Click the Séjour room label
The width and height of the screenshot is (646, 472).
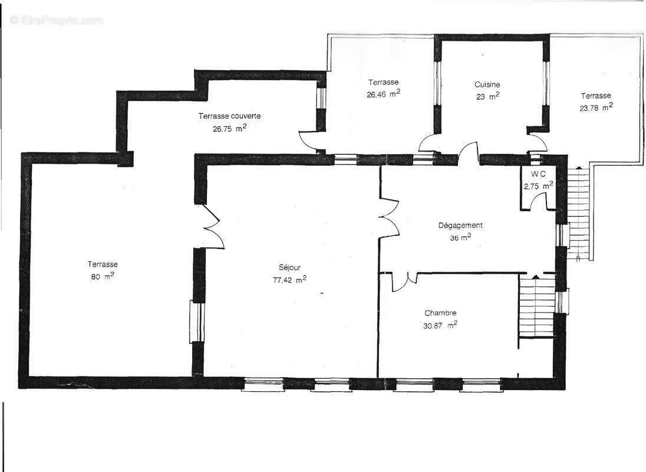pyautogui.click(x=289, y=267)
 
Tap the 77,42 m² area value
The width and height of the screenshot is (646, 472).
pyautogui.click(x=289, y=280)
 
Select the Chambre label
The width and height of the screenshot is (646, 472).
pyautogui.click(x=440, y=313)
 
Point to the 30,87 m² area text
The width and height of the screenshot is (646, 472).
pyautogui.click(x=441, y=325)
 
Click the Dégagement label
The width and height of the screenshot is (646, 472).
pyautogui.click(x=460, y=225)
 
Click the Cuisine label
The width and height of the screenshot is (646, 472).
pyautogui.click(x=487, y=84)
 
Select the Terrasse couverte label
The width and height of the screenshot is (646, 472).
pyautogui.click(x=229, y=116)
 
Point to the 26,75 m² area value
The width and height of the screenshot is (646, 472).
pyautogui.click(x=229, y=128)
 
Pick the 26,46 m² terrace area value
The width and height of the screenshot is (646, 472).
pyautogui.click(x=383, y=93)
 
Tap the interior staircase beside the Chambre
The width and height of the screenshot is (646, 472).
pyautogui.click(x=537, y=307)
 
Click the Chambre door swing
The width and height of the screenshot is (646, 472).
pyautogui.click(x=404, y=281)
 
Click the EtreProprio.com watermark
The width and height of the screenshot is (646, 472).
pyautogui.click(x=57, y=21)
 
